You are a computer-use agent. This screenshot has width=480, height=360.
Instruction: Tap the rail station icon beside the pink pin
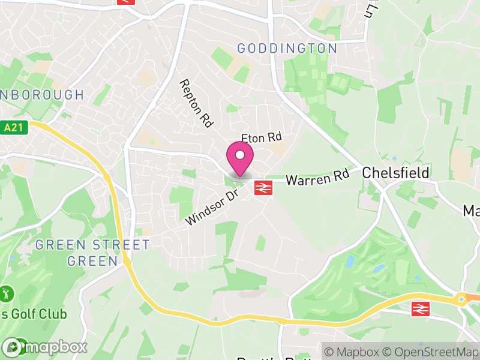coord(262,187)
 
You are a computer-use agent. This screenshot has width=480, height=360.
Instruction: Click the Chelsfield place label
coord(395,173)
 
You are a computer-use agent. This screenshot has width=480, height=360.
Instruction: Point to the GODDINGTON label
coord(287,48)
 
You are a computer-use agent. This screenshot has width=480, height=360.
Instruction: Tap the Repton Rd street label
coord(197,103)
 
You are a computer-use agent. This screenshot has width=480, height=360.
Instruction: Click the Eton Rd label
coord(262,137)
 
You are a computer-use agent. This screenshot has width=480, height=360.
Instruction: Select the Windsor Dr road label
coord(212,208)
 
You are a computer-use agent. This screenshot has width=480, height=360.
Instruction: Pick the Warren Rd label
coord(317,178)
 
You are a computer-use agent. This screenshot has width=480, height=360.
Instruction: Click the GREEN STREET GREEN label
coord(92,253)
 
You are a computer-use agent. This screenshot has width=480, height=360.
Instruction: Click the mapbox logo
coord(44,347)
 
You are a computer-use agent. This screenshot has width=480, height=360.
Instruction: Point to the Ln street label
coord(373,9)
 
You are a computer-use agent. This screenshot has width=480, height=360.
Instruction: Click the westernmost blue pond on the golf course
coord(350,262)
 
